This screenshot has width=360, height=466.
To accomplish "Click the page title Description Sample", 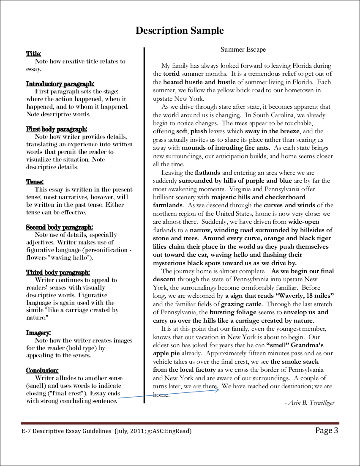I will coord(180,30).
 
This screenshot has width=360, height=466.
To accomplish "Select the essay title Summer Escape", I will coord(243,49).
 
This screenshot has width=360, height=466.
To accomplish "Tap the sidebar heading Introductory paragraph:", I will coord(60,84).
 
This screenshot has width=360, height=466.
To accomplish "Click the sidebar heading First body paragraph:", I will coord(57,129).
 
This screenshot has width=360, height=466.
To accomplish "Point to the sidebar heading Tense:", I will coord(35,182).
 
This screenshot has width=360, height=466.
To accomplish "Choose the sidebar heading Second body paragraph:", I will coord(60,227).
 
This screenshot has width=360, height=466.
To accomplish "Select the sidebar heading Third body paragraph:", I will coord(58,272).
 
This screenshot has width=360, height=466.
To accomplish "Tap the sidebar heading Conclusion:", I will coord(42,370).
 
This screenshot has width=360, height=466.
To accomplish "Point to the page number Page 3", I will coord(327,431).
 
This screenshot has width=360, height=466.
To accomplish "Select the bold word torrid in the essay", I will coord(172,74).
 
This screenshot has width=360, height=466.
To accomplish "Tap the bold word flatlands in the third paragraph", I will coord(207,173).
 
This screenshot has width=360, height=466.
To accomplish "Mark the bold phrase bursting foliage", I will coord(233,312).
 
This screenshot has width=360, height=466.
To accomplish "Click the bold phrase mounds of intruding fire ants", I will coord(225,148).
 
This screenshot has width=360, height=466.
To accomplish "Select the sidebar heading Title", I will coord(33,54).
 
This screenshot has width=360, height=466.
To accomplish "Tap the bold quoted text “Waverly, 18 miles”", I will coord(280,296).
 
